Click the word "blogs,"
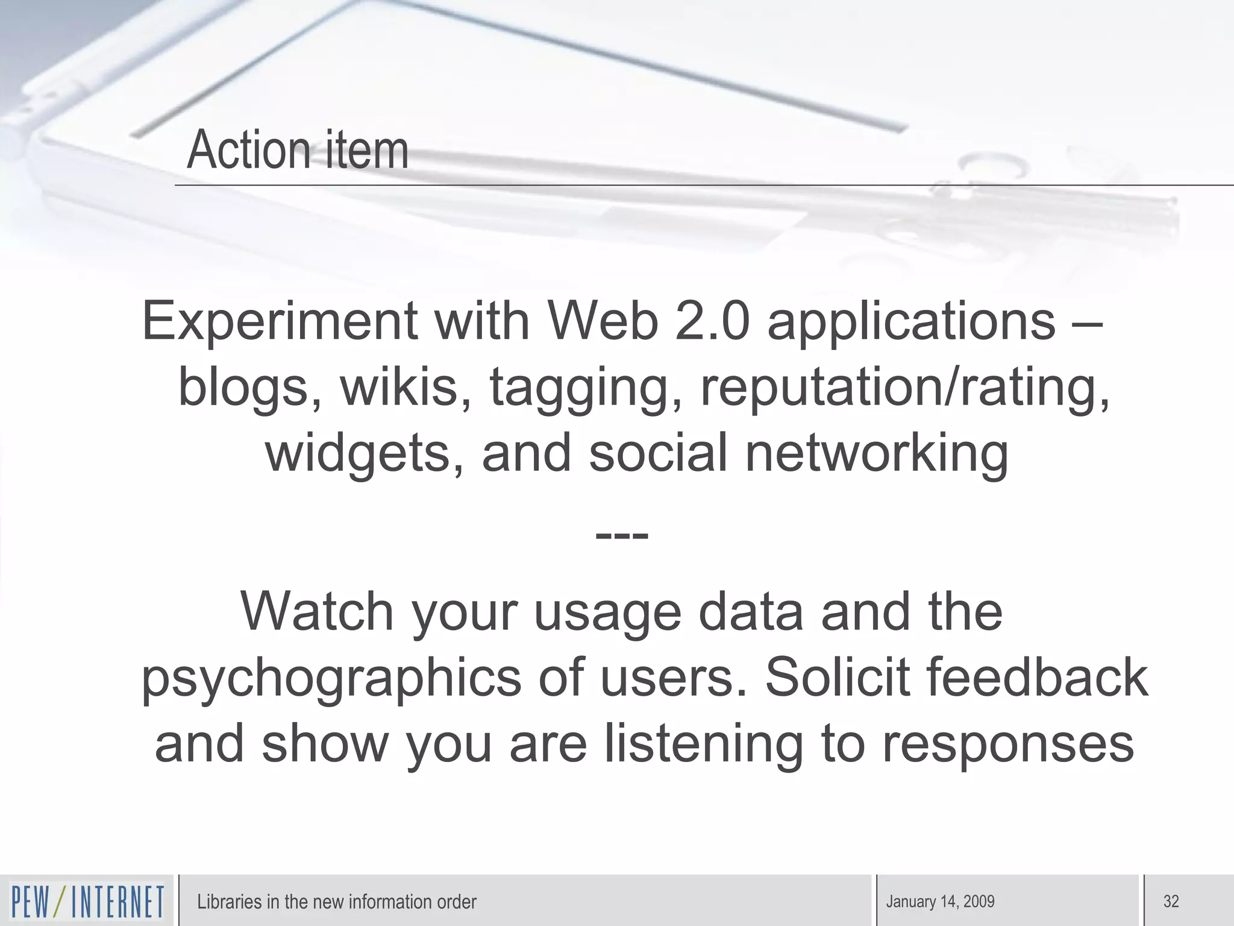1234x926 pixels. coord(250,387)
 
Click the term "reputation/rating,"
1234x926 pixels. coord(904,388)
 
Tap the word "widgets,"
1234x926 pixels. coord(365,453)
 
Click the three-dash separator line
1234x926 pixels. coord(621,535)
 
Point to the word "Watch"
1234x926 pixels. coord(317,611)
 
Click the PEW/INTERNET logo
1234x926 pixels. coord(87,902)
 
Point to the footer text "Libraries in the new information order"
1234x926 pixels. coord(336,902)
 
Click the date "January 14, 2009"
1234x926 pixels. coord(940,902)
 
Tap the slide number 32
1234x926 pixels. coord(1171,902)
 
